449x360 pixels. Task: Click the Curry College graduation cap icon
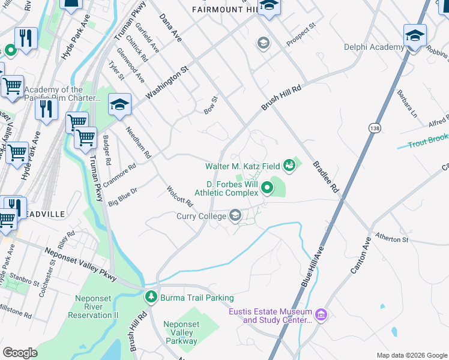pyautogui.click(x=235, y=215)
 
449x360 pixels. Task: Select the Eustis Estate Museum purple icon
pyautogui.click(x=321, y=315)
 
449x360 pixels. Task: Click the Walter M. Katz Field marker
pyautogui.click(x=290, y=164)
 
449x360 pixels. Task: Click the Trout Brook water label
pyautogui.click(x=428, y=141)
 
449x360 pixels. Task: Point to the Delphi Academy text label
pyautogui.click(x=373, y=47)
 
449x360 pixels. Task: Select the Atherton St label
pyautogui.click(x=391, y=239)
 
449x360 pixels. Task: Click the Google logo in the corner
pyautogui.click(x=20, y=352)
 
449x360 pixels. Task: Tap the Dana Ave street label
pyautogui.click(x=170, y=28)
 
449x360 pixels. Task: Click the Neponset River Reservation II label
pyautogui.click(x=97, y=307)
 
